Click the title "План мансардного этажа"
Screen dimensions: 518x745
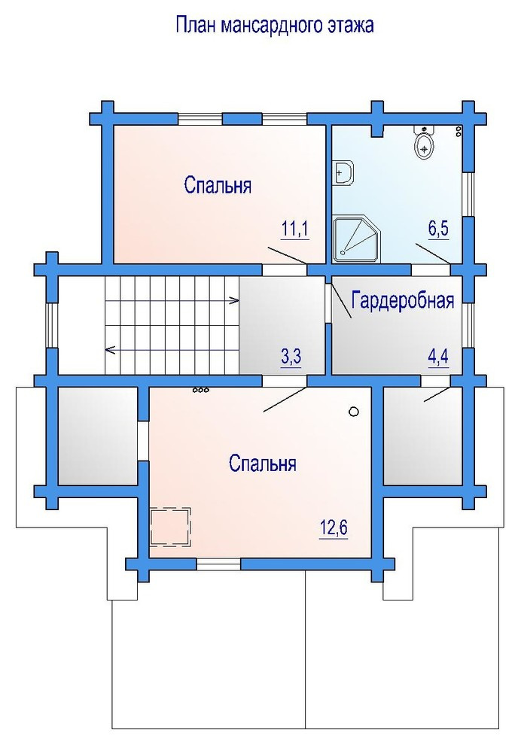pos(274,25)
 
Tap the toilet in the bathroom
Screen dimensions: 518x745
pos(424,142)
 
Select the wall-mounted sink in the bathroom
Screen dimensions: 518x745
pos(343,172)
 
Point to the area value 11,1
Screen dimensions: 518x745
pos(295,229)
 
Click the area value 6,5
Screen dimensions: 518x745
pos(438,229)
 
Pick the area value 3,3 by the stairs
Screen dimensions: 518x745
pos(291,357)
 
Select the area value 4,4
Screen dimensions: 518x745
pos(438,356)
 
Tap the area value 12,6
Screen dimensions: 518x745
pos(334,528)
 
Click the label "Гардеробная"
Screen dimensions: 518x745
pos(403,301)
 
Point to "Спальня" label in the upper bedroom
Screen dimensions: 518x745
pos(218,185)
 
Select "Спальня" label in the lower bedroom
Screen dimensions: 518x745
pos(262,463)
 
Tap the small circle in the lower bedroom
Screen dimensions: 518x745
pos(354,412)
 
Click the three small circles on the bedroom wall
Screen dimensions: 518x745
pos(200,391)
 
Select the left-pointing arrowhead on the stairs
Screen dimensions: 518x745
pos(110,351)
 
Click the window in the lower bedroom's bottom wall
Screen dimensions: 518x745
pos(218,564)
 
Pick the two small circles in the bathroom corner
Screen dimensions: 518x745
pos(459,131)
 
